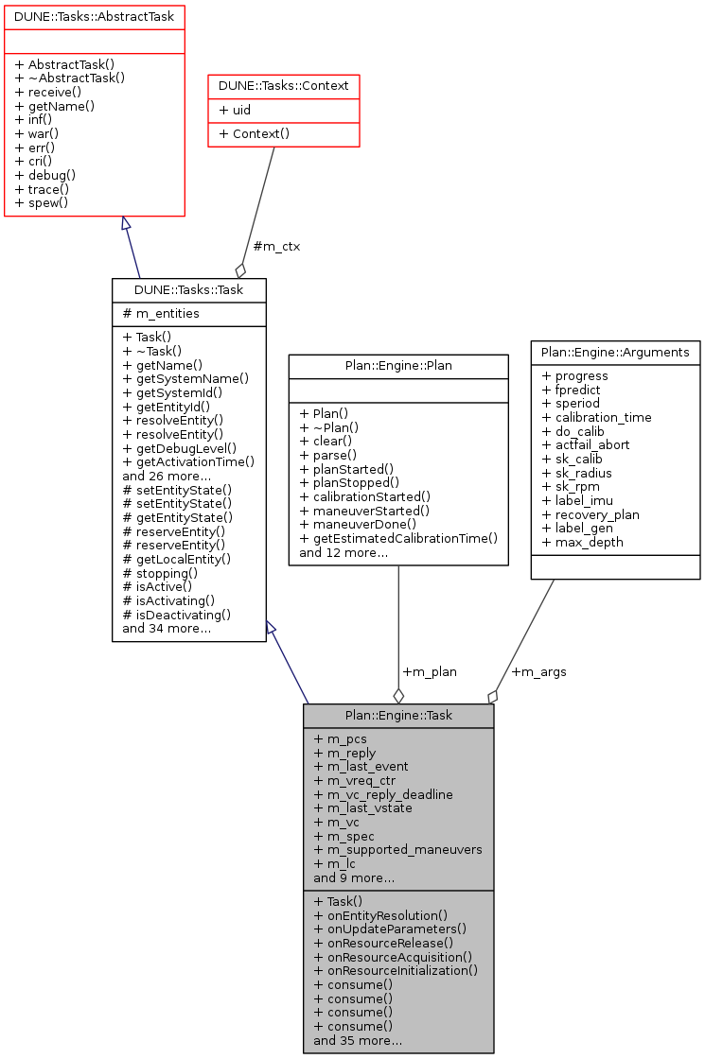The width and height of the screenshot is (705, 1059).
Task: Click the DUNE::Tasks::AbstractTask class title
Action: pyautogui.click(x=94, y=16)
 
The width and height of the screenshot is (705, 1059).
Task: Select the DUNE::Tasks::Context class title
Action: pyautogui.click(x=284, y=86)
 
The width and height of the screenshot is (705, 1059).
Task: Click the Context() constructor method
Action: pyautogui.click(x=255, y=134)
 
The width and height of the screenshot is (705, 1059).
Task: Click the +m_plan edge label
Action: pyautogui.click(x=430, y=672)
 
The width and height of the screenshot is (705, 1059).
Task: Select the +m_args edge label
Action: pyautogui.click(x=538, y=672)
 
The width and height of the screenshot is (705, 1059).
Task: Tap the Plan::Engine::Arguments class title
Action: pyautogui.click(x=615, y=353)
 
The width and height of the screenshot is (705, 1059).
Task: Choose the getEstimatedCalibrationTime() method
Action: pyautogui.click(x=398, y=538)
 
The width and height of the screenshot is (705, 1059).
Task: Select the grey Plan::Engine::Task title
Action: pyautogui.click(x=398, y=716)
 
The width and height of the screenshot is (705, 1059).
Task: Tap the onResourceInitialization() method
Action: pyautogui.click(x=395, y=970)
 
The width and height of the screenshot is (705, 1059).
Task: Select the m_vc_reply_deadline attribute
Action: pyautogui.click(x=382, y=794)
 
